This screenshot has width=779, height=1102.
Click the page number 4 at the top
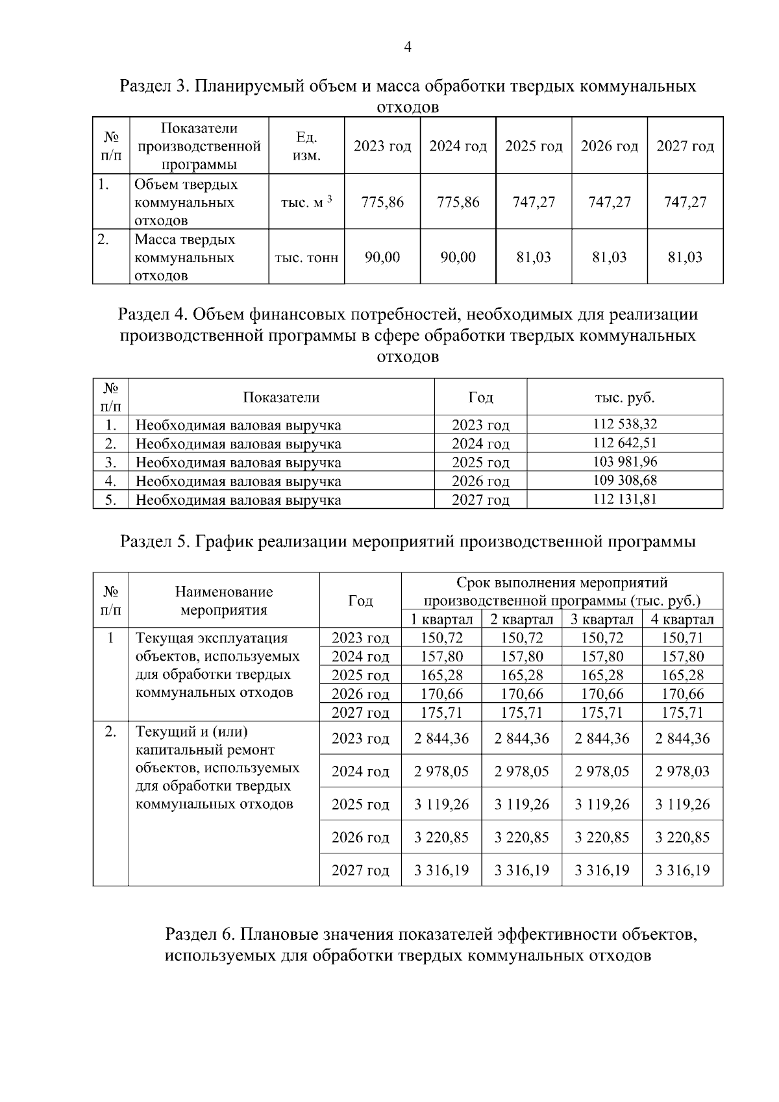click(408, 47)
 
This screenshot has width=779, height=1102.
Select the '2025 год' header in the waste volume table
click(534, 146)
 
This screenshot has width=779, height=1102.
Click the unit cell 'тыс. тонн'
click(306, 258)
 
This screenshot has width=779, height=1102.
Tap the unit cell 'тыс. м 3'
click(306, 202)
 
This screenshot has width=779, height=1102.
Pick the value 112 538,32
click(624, 424)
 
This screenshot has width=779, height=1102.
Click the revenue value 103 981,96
click(624, 462)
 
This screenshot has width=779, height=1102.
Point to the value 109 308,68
click(624, 481)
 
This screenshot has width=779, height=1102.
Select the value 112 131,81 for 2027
click(624, 499)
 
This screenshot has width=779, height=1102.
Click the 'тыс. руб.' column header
click(624, 397)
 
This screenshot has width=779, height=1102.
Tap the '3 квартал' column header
click(602, 619)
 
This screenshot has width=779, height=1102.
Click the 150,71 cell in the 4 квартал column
click(682, 638)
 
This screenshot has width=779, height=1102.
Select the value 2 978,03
click(682, 772)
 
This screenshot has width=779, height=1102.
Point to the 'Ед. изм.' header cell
click(306, 146)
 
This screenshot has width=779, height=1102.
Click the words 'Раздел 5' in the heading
click(155, 541)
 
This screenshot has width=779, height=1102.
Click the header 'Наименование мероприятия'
click(224, 601)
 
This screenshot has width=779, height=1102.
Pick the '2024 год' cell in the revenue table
click(480, 444)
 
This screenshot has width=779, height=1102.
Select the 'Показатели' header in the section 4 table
click(281, 397)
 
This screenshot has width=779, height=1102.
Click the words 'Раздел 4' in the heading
click(152, 315)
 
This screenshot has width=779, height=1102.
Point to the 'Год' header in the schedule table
click(360, 601)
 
